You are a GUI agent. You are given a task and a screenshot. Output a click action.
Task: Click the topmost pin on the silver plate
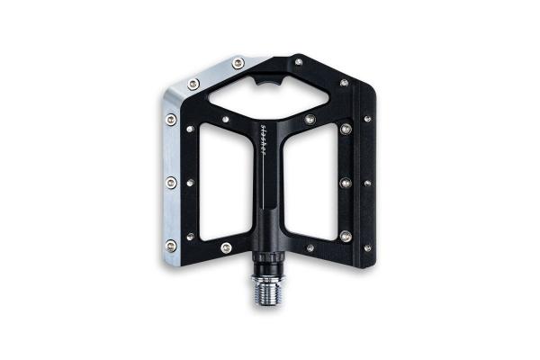coord(238,62)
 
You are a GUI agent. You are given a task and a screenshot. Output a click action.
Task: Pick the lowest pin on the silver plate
coord(171,244)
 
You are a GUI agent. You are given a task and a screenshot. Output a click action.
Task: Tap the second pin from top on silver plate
coord(193,84)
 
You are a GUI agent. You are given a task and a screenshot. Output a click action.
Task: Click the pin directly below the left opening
coord(226,247)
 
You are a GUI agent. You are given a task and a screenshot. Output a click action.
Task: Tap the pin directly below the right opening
coord(310,247)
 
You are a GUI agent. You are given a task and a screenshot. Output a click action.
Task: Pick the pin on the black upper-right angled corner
coord(344,83)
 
